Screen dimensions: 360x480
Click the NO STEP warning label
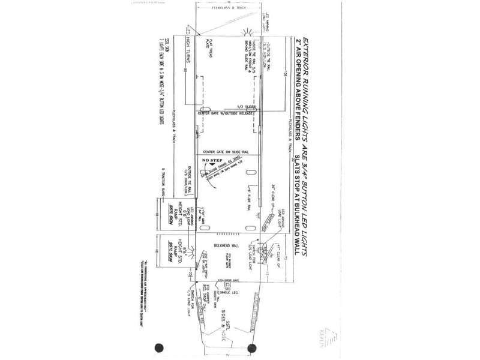click(213, 162)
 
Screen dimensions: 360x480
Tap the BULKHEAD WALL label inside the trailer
click(226, 247)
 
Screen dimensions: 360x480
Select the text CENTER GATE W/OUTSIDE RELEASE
click(227, 112)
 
